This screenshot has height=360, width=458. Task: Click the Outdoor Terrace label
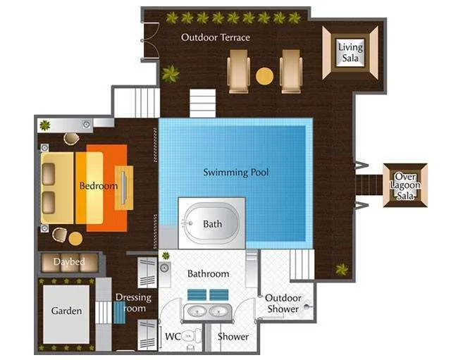215,37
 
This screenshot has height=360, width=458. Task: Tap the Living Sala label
350,52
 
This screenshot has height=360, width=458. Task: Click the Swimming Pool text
235,172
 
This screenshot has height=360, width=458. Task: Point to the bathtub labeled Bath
211,223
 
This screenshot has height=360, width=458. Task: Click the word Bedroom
98,186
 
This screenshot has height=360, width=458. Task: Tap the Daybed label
69,262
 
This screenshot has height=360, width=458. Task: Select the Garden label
66,311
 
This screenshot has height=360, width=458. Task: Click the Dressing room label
133,303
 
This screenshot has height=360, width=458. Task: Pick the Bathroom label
208,273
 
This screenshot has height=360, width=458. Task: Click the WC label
173,336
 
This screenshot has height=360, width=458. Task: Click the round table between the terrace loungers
264,75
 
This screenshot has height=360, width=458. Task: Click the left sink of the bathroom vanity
196,311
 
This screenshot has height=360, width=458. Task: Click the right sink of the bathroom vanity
219,311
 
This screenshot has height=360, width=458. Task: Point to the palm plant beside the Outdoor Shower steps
342,269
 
